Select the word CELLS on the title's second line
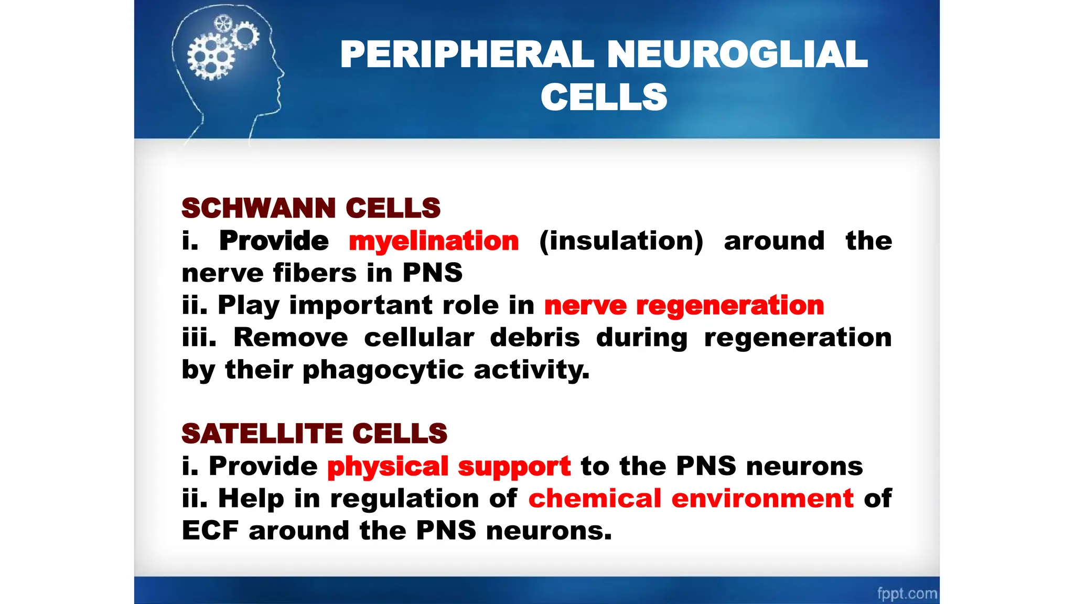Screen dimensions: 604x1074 (604, 98)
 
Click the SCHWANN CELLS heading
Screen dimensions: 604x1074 (311, 208)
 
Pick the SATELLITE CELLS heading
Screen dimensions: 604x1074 (314, 434)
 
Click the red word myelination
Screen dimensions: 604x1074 (434, 241)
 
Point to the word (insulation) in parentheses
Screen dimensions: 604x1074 (621, 241)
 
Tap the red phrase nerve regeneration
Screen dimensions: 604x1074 (684, 306)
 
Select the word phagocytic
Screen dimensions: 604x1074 (383, 370)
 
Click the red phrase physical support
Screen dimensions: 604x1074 (449, 467)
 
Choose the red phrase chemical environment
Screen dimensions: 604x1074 (691, 499)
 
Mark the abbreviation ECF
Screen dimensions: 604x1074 (210, 531)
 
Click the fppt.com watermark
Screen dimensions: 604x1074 (907, 594)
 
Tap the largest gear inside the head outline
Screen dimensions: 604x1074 (211, 57)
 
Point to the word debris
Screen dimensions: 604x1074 (535, 338)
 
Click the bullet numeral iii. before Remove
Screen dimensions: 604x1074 (199, 338)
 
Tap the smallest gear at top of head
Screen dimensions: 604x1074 (223, 23)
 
